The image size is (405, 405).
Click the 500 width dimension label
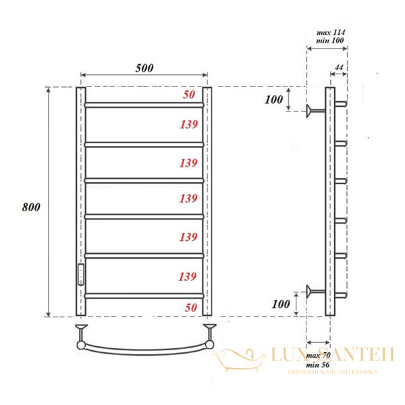[x=144, y=68]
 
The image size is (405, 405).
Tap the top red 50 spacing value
[x=190, y=95]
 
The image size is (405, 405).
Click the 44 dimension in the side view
[x=339, y=68]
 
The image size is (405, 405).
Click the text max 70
[x=317, y=354]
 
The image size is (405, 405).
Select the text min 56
[x=317, y=364]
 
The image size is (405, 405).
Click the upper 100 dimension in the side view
[x=273, y=101]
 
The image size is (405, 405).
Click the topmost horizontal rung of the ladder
[x=144, y=105]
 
